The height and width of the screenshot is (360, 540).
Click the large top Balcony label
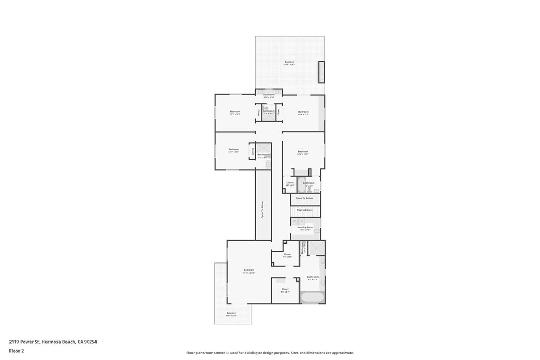pyautogui.click(x=289, y=62)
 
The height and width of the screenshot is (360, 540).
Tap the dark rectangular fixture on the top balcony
pyautogui.click(x=321, y=72)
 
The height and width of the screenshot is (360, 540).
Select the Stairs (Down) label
pyautogui.click(x=305, y=210)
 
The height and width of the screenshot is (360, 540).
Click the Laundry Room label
pyautogui.click(x=305, y=227)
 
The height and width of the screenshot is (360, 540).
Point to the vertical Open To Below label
pyautogui.click(x=262, y=210)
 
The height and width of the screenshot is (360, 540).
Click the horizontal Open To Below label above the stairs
pyautogui.click(x=304, y=198)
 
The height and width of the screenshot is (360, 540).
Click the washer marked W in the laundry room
pyautogui.click(x=295, y=222)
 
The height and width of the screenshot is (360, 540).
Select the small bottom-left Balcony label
pyautogui.click(x=231, y=314)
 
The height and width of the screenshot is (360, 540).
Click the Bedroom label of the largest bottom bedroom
pyautogui.click(x=249, y=270)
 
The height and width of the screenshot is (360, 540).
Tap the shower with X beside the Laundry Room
pyautogui.click(x=316, y=248)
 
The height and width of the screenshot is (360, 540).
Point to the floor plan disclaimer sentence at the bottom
pyautogui.click(x=269, y=353)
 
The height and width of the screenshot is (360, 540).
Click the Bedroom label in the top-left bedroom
pyautogui.click(x=235, y=112)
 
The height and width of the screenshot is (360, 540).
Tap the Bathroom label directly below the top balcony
pyautogui.click(x=269, y=95)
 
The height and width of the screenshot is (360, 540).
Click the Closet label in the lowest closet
pyautogui.click(x=285, y=289)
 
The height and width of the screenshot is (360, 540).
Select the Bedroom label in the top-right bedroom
pyautogui.click(x=303, y=112)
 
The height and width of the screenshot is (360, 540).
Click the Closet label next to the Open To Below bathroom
pyautogui.click(x=290, y=183)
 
